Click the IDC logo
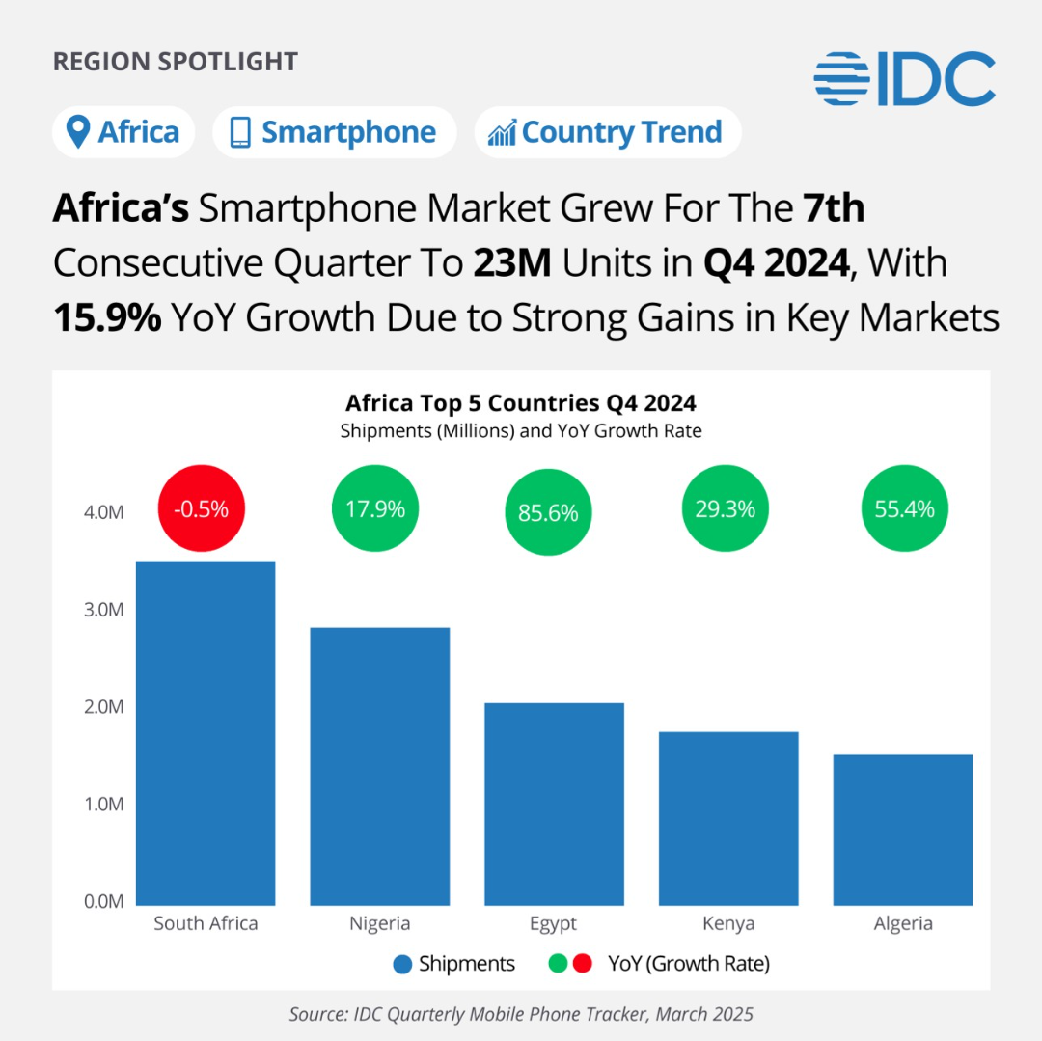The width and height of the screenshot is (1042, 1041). (x=904, y=79)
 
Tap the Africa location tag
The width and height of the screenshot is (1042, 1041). (x=123, y=132)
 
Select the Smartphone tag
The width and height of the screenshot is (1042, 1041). (x=334, y=132)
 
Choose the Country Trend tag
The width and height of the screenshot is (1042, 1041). (x=607, y=132)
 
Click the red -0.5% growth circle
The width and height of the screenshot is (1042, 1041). (x=202, y=509)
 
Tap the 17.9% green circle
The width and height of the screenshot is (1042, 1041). (x=376, y=509)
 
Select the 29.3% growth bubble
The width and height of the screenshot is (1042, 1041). (x=726, y=509)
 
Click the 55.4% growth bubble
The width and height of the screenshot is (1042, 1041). (x=904, y=509)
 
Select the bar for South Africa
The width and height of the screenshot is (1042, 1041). (x=206, y=733)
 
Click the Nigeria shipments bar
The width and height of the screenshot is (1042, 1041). (x=379, y=766)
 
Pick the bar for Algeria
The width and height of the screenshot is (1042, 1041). (x=903, y=830)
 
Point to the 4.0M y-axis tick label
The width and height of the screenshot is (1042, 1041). (x=104, y=512)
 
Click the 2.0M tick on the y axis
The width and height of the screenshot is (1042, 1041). (x=104, y=707)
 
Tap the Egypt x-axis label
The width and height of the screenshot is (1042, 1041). (x=553, y=924)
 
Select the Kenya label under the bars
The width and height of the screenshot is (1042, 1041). (x=728, y=924)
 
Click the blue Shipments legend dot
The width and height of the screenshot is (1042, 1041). (x=403, y=964)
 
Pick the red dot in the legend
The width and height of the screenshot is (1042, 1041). (x=582, y=964)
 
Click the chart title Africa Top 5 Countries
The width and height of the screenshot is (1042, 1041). (x=521, y=402)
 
